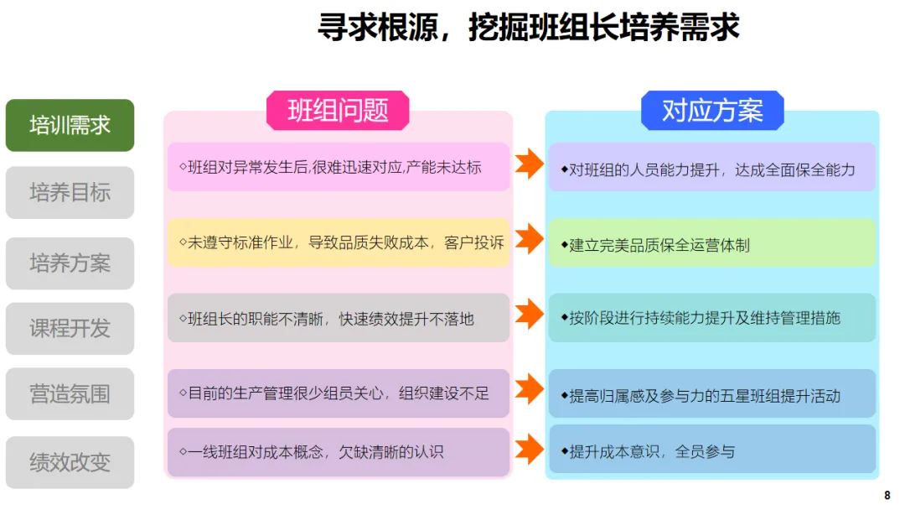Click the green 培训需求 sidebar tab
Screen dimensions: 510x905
coord(70,126)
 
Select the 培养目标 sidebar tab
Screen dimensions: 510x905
coord(70,193)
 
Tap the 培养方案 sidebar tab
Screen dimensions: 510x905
coord(70,263)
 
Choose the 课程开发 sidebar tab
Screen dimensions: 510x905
coord(70,328)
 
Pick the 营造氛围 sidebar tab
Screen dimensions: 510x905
coord(70,393)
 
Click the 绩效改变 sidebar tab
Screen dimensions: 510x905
coord(70,462)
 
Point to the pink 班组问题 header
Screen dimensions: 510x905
coord(338,111)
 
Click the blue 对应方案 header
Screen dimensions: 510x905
coord(712,111)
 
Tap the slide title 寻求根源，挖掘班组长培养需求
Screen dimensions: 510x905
coord(528,28)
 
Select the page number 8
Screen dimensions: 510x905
coord(887,495)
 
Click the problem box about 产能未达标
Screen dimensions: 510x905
coord(339,167)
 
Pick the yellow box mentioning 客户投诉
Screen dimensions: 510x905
coord(339,242)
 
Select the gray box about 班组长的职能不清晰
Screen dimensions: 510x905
coord(339,318)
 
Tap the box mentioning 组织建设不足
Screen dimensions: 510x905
coord(339,393)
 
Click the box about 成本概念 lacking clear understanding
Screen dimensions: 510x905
coord(339,452)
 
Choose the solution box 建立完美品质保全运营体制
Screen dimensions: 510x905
coord(711,244)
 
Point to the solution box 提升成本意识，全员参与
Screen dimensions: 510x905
coord(711,451)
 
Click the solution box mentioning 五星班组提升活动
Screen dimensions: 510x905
coord(711,394)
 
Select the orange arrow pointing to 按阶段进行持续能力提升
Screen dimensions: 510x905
coord(529,315)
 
